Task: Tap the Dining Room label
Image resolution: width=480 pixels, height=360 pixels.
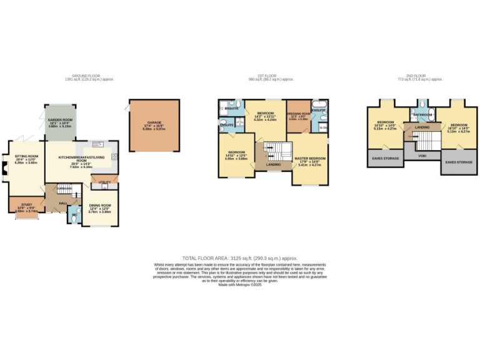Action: (x=100, y=206)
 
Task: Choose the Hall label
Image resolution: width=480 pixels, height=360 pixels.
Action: (x=63, y=202)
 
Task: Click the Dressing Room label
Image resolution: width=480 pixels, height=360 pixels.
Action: (x=297, y=114)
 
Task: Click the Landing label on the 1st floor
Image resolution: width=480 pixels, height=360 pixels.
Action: (x=273, y=165)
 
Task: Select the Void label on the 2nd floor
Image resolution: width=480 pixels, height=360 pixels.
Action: (x=422, y=156)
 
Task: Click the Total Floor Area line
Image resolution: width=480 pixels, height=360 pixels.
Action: (x=239, y=257)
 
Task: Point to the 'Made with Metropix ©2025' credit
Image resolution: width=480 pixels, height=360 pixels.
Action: (x=239, y=284)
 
